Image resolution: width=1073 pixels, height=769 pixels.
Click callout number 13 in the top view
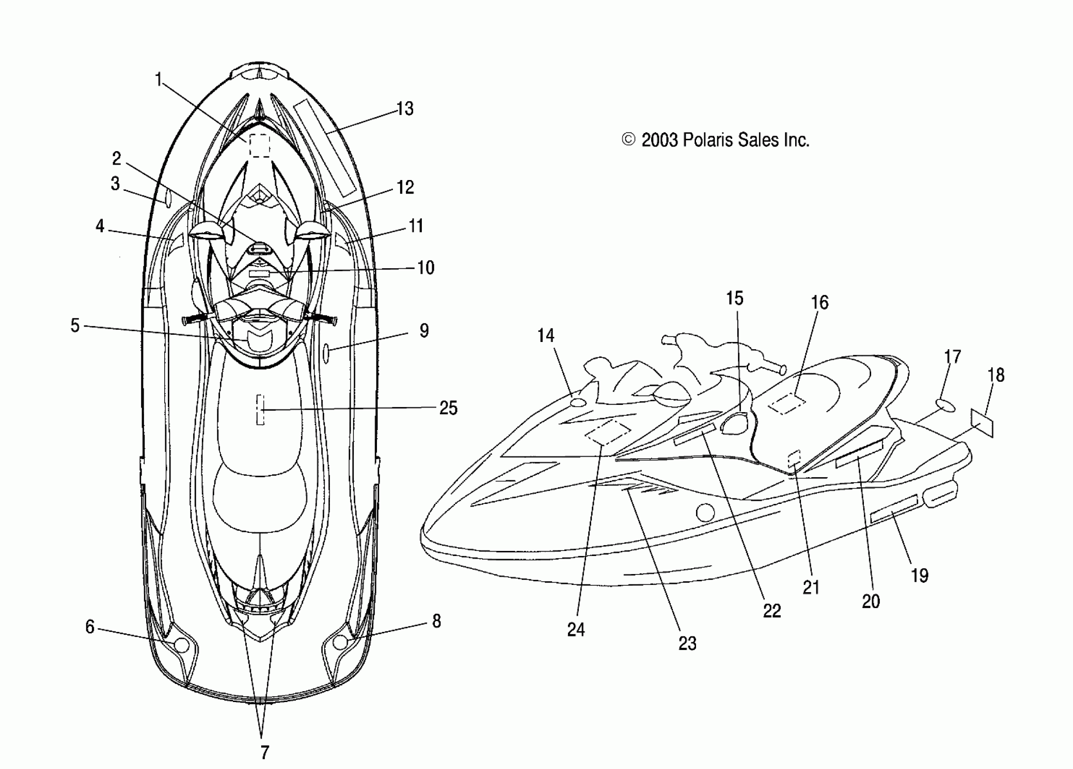405,109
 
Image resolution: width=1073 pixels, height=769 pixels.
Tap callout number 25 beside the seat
448,408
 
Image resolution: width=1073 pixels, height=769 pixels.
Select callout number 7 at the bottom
264,752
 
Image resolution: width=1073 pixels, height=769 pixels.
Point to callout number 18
996,375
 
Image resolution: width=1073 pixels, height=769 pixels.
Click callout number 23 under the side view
687,643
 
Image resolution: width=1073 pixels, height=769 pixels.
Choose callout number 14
545,335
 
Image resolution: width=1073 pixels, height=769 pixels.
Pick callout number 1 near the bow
158,79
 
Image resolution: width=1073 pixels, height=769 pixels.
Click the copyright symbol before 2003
628,139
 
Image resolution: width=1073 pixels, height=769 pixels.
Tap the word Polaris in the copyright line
707,139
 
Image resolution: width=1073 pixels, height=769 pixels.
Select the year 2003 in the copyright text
660,140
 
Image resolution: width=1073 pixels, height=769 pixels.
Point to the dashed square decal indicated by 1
259,145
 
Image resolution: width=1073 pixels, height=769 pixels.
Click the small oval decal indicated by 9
326,354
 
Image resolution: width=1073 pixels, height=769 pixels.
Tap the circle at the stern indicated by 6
181,645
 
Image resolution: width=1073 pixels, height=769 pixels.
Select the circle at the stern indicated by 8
340,642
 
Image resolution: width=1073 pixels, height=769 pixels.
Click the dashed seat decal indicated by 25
260,409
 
